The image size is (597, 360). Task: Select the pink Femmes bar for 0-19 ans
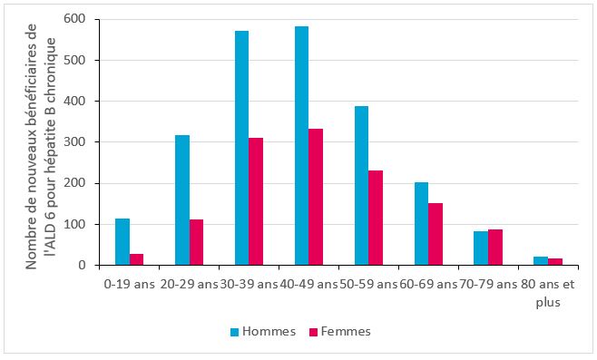136,259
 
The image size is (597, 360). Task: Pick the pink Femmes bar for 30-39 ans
256,202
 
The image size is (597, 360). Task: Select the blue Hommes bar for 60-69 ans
421,224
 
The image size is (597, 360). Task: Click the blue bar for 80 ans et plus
541,261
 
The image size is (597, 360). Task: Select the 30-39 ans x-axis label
249,285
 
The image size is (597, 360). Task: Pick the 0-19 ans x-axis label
129,285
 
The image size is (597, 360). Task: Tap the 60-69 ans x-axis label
428,285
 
